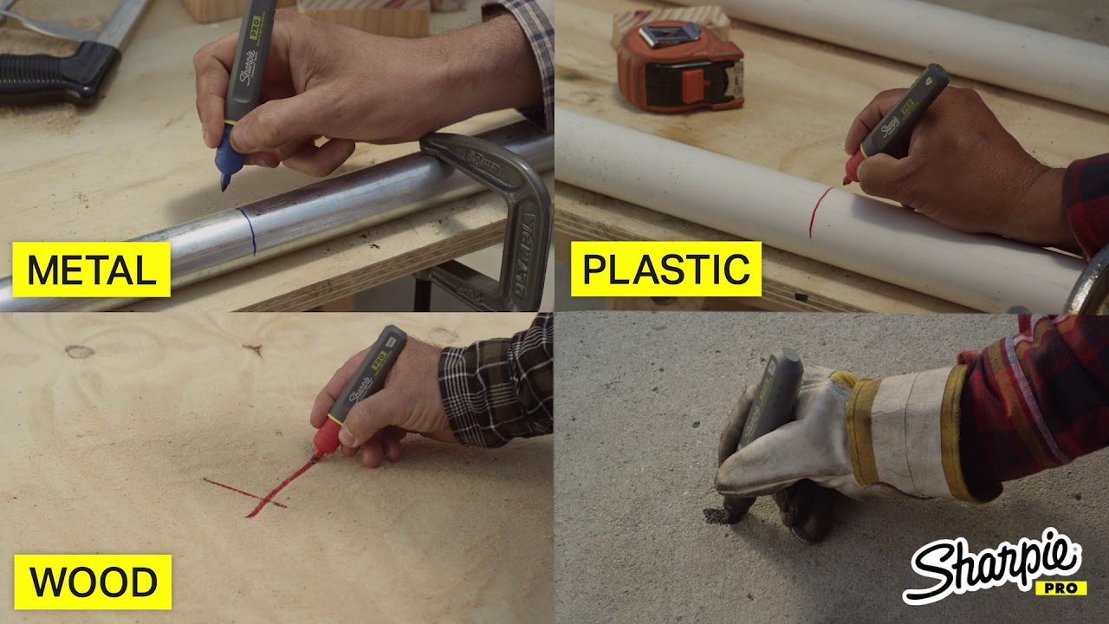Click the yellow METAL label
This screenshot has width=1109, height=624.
tap(91, 270)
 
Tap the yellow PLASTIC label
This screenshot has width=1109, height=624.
tap(666, 269)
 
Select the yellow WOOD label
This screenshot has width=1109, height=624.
tap(93, 582)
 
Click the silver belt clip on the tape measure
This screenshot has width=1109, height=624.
tap(670, 35)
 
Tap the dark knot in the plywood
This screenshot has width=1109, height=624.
tap(80, 352)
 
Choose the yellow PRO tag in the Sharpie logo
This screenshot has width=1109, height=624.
tap(1061, 588)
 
